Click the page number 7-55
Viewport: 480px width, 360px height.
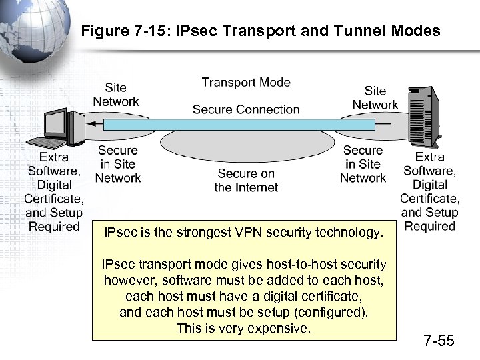(439, 341)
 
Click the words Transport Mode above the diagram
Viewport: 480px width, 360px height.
(246, 83)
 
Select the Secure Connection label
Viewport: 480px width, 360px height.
(246, 109)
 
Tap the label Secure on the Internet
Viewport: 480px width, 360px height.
(246, 181)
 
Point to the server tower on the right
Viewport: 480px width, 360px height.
(425, 117)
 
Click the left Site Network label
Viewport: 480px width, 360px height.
(115, 95)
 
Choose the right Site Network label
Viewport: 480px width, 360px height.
(375, 97)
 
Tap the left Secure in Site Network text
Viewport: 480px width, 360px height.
(117, 164)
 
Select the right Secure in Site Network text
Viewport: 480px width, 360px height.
(363, 164)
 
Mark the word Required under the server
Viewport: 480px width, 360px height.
(429, 227)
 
